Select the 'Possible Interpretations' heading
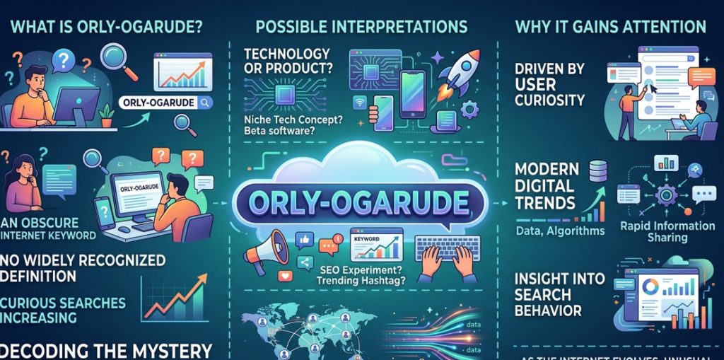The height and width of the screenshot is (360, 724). pyautogui.click(x=361, y=27)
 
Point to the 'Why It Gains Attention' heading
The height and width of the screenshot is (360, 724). pyautogui.click(x=610, y=28)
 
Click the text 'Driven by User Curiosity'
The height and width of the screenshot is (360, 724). pyautogui.click(x=550, y=86)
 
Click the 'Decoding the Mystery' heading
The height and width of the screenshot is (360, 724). pyautogui.click(x=106, y=350)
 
